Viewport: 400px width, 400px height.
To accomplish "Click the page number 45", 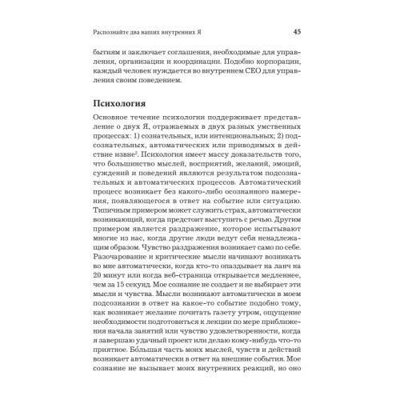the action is click(297, 32).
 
